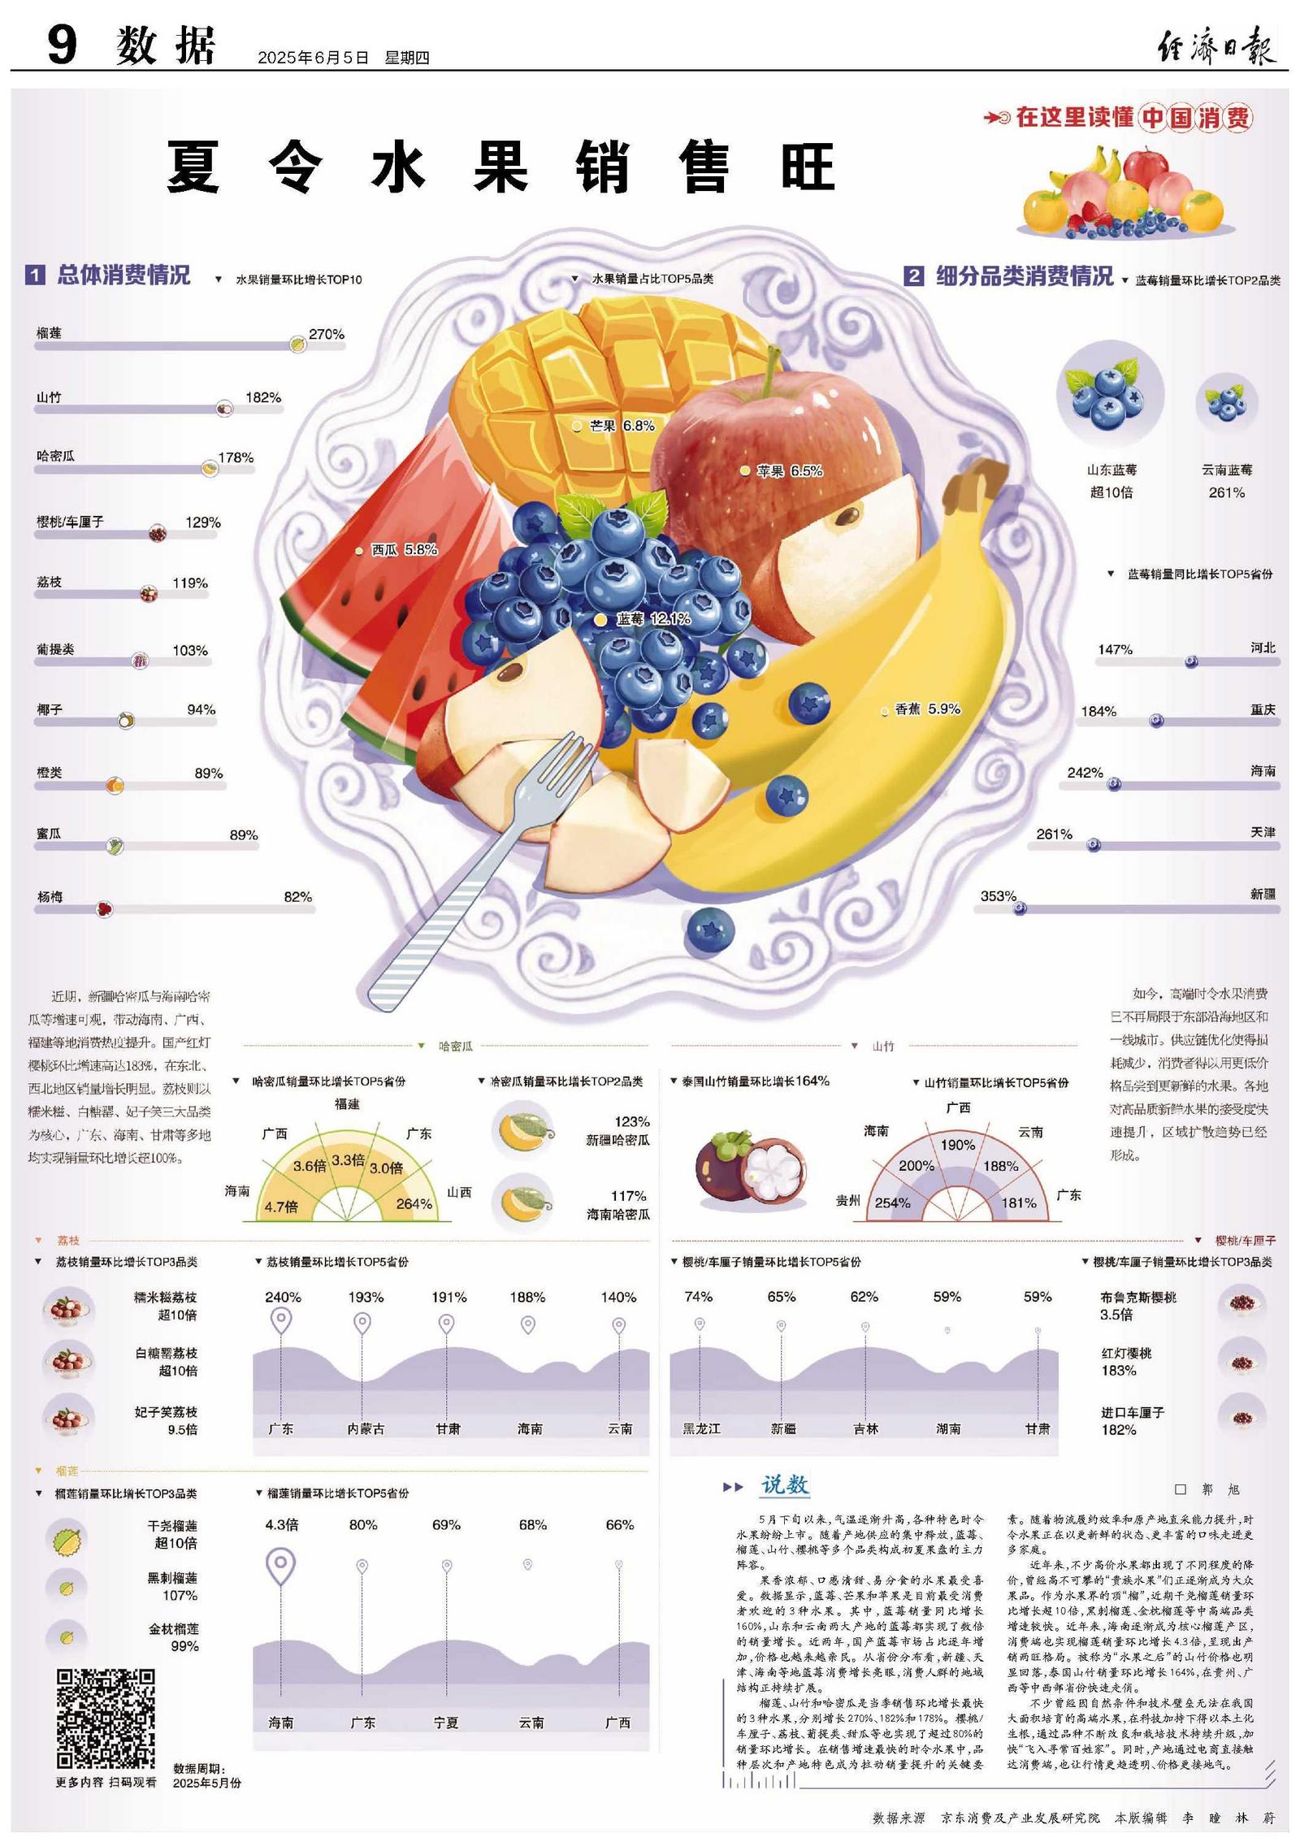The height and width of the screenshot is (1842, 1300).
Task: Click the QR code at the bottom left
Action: click(106, 1718)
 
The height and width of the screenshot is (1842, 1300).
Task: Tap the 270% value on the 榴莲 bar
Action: click(327, 334)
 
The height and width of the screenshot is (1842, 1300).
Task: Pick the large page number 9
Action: click(62, 45)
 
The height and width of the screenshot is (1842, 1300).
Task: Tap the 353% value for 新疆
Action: click(998, 896)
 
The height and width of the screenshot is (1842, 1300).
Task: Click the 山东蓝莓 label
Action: click(1111, 470)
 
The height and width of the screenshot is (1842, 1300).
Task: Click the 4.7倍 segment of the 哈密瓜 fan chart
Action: click(281, 1207)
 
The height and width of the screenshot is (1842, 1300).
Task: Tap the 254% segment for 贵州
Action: click(892, 1203)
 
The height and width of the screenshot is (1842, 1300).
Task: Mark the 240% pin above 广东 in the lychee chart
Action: click(281, 1320)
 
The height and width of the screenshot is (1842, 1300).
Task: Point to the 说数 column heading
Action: click(784, 1485)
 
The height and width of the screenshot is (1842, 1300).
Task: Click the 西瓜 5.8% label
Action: click(404, 550)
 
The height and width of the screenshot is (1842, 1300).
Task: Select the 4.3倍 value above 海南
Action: click(281, 1524)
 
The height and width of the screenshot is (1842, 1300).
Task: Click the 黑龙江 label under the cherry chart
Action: click(700, 1428)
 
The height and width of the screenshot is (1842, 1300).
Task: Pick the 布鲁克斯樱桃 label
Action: click(1137, 1298)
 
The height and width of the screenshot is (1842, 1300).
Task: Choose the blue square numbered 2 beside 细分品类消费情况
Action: click(914, 276)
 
